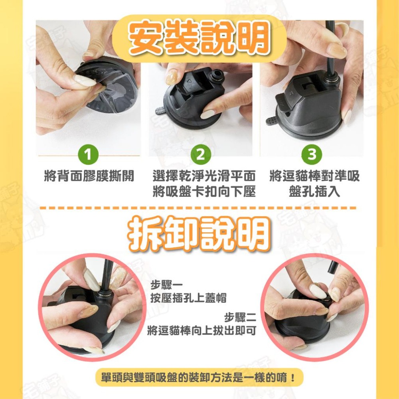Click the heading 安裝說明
(x=199, y=39)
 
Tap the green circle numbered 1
(x=89, y=155)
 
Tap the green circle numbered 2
(x=200, y=155)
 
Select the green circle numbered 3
(x=312, y=155)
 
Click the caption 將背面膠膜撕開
(x=89, y=176)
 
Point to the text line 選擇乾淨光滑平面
(x=204, y=176)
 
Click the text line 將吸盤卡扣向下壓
(x=204, y=192)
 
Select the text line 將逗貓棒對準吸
(x=314, y=176)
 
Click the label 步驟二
(x=239, y=318)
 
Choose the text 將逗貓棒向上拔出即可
(x=201, y=330)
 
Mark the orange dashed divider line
(x=199, y=208)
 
